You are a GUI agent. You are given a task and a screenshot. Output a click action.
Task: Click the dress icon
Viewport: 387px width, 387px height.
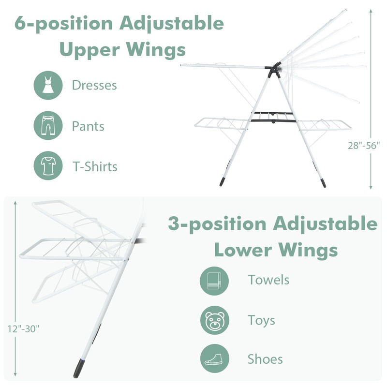[48, 85]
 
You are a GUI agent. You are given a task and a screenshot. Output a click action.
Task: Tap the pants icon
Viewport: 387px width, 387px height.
[48, 126]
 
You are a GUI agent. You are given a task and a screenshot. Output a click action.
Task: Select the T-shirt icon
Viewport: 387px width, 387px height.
[48, 165]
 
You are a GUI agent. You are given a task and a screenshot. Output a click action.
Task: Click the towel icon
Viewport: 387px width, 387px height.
[214, 281]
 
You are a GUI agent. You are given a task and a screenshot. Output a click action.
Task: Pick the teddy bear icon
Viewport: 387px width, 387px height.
[214, 320]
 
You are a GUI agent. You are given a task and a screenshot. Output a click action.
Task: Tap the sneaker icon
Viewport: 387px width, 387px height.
[214, 358]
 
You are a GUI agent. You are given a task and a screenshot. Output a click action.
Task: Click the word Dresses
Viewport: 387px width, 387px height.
[94, 86]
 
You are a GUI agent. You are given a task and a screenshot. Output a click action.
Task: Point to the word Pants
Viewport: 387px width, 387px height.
[88, 126]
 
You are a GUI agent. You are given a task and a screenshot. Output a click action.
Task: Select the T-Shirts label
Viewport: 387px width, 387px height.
[95, 166]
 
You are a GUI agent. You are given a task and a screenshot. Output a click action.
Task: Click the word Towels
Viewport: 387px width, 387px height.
[268, 280]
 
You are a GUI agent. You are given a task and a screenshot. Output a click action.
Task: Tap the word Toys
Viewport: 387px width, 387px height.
[261, 321]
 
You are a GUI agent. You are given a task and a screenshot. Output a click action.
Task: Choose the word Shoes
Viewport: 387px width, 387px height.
[265, 359]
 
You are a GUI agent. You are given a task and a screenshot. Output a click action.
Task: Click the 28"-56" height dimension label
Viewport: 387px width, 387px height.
[364, 146]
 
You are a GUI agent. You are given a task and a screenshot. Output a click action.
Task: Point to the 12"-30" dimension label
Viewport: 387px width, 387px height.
[23, 329]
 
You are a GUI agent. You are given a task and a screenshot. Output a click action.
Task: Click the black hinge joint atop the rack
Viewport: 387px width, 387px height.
[273, 70]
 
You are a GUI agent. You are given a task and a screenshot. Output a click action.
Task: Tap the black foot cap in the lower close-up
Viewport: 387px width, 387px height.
[79, 369]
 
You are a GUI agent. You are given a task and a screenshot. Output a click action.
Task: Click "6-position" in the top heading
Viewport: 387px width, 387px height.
[63, 24]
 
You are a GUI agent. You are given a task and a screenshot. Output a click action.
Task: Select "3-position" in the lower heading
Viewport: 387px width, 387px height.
[217, 224]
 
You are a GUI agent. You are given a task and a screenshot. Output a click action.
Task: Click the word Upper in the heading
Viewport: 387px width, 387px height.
[90, 50]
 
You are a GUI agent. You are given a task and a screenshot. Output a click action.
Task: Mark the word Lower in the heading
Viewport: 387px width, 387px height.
[243, 250]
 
